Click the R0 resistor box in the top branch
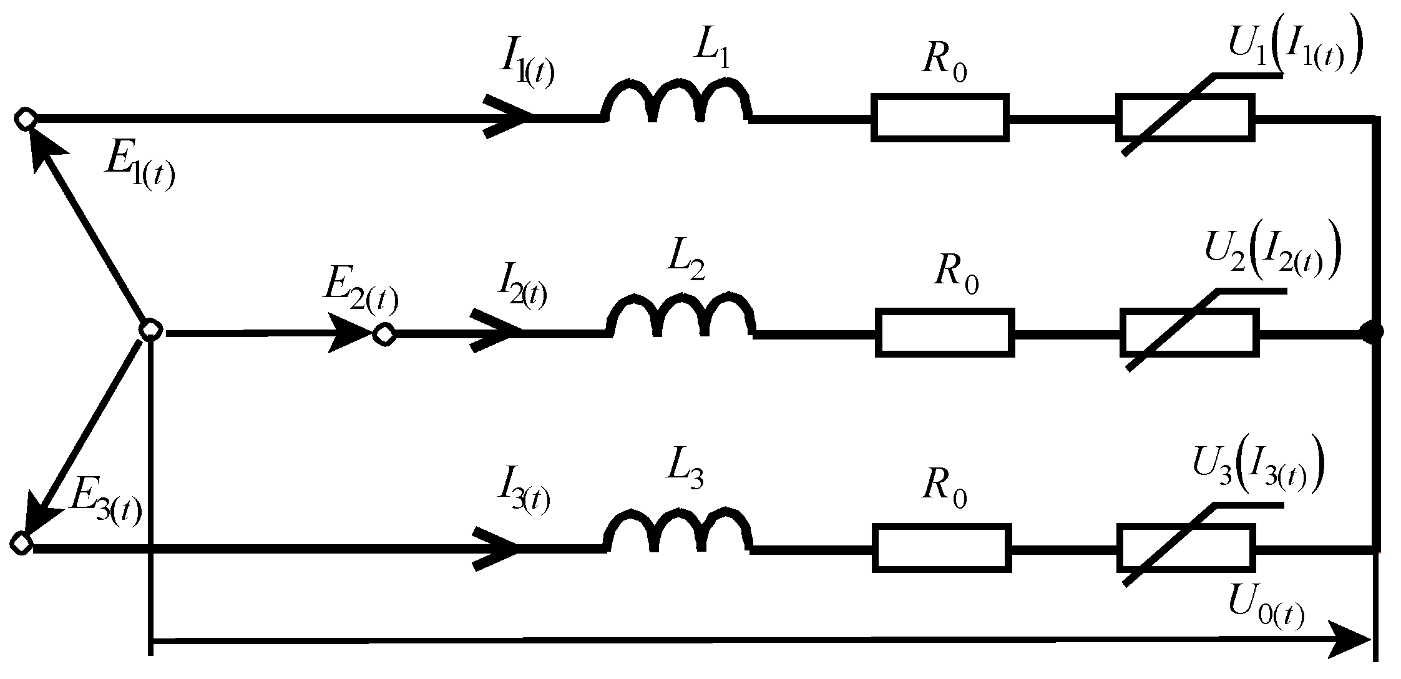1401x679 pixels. coord(940,117)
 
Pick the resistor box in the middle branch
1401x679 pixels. coord(945,332)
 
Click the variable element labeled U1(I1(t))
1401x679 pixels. coord(1184,117)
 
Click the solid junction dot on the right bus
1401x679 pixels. coord(1372,333)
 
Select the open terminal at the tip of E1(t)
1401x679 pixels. coord(26,119)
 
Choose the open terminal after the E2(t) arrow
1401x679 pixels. coord(384,335)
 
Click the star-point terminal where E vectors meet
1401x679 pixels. coord(150,331)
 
